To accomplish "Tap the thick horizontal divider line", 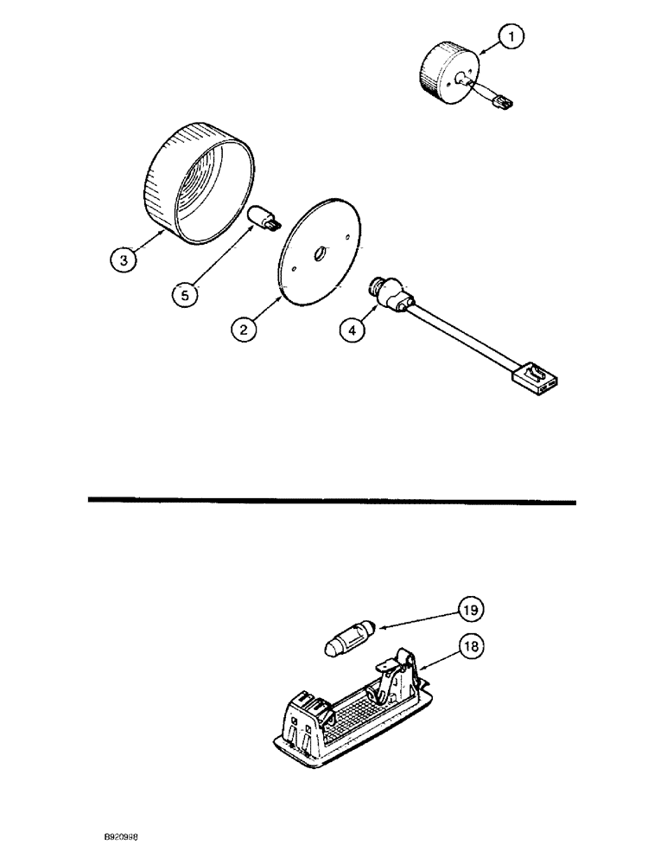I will tap(332, 500).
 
